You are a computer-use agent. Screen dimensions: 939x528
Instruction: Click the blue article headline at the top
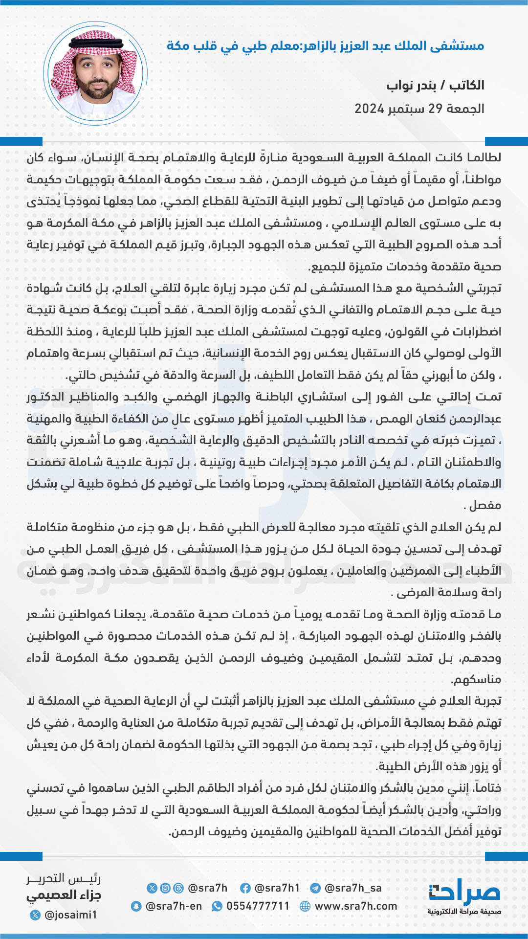click(x=325, y=46)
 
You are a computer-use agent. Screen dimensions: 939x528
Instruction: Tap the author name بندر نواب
click(x=411, y=86)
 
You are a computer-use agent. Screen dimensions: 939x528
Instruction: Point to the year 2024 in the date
click(x=369, y=109)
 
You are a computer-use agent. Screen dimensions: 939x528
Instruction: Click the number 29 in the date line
click(x=435, y=109)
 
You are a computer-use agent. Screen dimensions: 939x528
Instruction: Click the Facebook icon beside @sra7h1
click(x=245, y=888)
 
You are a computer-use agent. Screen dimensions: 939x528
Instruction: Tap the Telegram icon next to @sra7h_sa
click(x=315, y=888)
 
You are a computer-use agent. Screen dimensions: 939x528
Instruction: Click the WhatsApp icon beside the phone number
click(x=217, y=906)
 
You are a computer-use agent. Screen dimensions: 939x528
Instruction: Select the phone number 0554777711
click(x=258, y=906)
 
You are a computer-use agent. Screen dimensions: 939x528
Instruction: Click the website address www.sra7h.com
click(x=355, y=906)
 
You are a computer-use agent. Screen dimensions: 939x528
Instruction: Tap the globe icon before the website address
click(x=305, y=906)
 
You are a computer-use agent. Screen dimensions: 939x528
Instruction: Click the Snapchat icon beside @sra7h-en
click(x=136, y=906)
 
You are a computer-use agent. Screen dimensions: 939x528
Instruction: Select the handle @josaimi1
click(x=70, y=915)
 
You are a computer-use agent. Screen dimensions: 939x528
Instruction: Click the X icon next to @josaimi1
click(x=35, y=915)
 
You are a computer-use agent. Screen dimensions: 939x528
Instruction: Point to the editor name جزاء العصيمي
click(x=64, y=896)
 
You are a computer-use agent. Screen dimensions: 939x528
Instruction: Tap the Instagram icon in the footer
click(x=166, y=888)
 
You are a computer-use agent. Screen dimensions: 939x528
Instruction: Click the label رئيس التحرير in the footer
click(x=64, y=879)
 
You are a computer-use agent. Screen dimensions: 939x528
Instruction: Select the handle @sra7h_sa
click(x=352, y=888)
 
